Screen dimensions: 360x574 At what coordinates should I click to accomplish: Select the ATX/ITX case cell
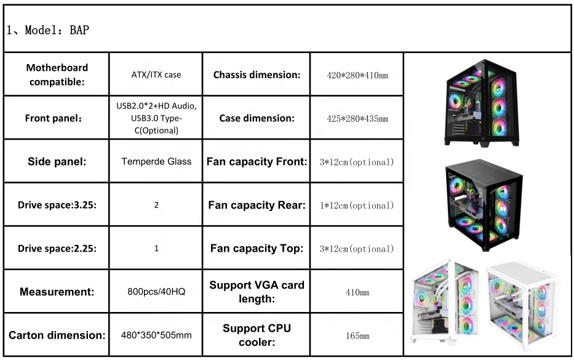click(x=156, y=74)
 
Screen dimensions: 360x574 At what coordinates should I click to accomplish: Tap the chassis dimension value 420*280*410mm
click(x=357, y=75)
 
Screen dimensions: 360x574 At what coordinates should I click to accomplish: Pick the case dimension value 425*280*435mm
click(x=357, y=118)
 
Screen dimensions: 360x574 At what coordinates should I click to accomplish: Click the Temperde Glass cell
click(x=156, y=161)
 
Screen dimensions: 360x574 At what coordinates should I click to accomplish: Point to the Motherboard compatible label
click(x=57, y=74)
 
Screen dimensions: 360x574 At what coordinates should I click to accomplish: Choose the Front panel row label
click(x=57, y=118)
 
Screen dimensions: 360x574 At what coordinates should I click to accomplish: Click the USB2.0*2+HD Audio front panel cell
click(x=156, y=118)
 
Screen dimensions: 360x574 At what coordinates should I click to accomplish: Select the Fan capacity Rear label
click(x=257, y=205)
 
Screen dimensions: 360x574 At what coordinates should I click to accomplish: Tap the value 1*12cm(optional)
click(x=357, y=205)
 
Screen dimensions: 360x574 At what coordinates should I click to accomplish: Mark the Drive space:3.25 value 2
click(x=156, y=205)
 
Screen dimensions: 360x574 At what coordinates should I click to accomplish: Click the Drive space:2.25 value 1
click(x=156, y=249)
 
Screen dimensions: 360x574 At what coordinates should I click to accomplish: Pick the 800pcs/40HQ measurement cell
click(x=156, y=292)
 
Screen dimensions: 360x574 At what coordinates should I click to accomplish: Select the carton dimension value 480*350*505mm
click(x=156, y=335)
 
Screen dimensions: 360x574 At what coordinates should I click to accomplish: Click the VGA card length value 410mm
click(x=357, y=292)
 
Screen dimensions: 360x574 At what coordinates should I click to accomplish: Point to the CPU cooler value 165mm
click(x=357, y=336)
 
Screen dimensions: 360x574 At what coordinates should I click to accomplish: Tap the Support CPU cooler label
click(x=257, y=335)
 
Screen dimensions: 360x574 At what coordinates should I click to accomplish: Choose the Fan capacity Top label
click(x=257, y=249)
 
